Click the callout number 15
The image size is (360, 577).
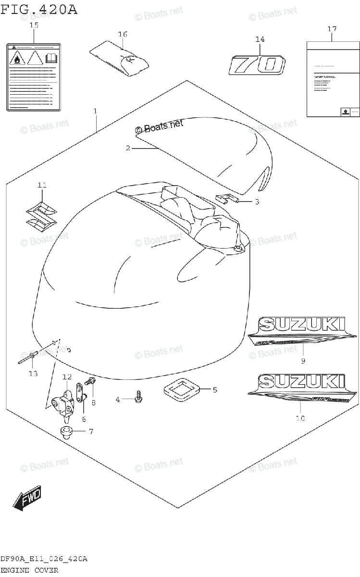pyautogui.click(x=33, y=25)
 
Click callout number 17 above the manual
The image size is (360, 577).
pyautogui.click(x=332, y=29)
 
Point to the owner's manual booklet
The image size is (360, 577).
pyautogui.click(x=332, y=79)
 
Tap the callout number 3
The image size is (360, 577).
pyautogui.click(x=257, y=202)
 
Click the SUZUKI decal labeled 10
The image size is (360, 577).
pyautogui.click(x=302, y=389)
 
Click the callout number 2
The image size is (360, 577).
pyautogui.click(x=128, y=149)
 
